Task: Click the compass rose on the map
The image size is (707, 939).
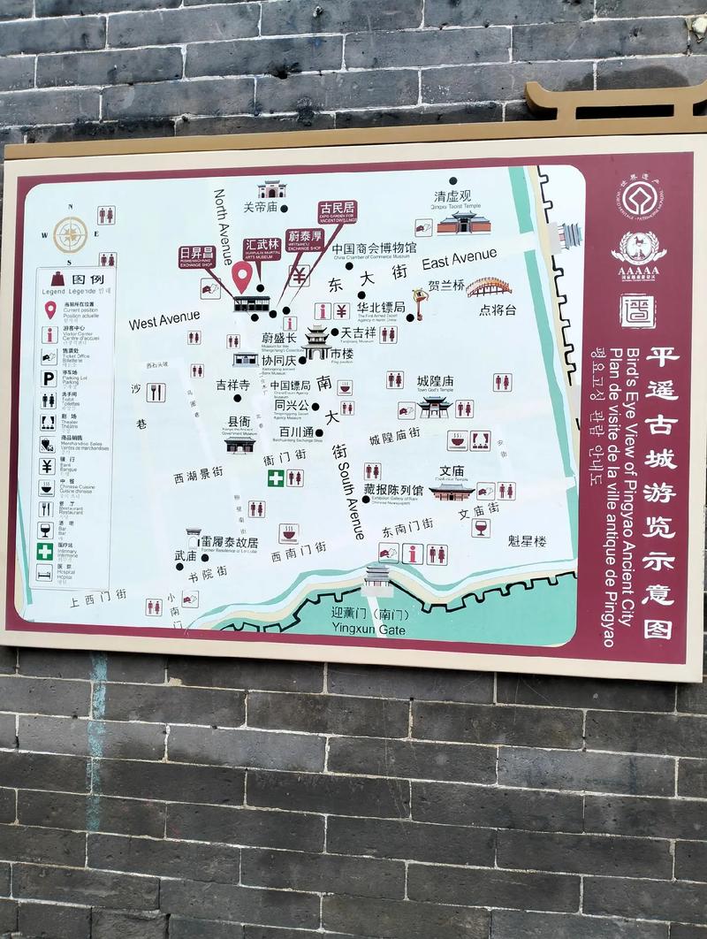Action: [71, 234]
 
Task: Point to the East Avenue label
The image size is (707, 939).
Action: [459, 259]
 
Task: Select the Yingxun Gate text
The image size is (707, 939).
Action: [369, 629]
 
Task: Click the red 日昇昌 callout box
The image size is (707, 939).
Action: [196, 256]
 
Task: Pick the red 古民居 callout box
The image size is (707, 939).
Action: [338, 212]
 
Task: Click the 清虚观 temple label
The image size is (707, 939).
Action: [452, 195]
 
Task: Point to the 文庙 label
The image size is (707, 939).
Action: [452, 470]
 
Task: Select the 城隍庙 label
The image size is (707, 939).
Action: [435, 380]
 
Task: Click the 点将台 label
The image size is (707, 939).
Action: [498, 309]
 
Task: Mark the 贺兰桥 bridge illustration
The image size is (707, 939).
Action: [489, 287]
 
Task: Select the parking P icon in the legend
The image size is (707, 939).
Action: [49, 378]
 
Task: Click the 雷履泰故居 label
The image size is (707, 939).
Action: [229, 542]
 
